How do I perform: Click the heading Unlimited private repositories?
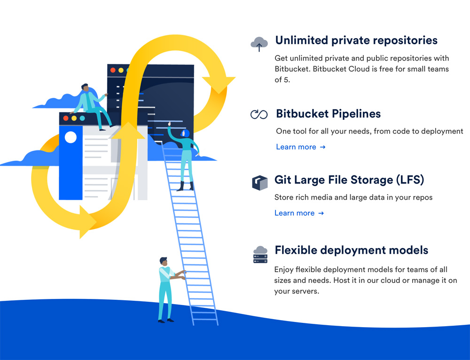[x=356, y=40]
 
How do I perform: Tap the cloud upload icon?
[x=259, y=44]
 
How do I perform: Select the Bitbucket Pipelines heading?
[x=328, y=114]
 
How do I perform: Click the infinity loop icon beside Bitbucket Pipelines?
[x=259, y=114]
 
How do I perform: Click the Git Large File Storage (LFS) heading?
[x=349, y=180]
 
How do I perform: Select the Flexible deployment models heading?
[x=351, y=250]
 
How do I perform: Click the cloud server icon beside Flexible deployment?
[x=260, y=254]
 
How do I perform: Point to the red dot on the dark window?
[x=113, y=70]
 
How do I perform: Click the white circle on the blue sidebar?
[x=70, y=137]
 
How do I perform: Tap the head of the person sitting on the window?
[x=85, y=88]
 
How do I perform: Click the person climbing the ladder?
[x=186, y=155]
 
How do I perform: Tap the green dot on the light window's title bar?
[x=82, y=118]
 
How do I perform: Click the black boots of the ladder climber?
[x=185, y=186]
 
